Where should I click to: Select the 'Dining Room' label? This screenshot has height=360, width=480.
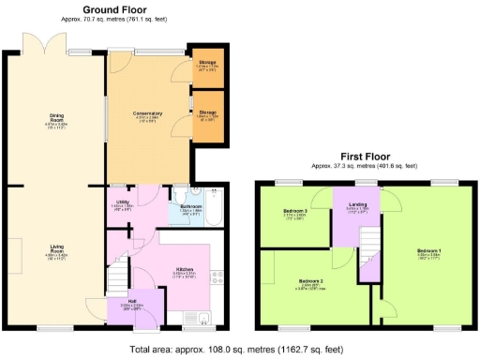coord(56,117)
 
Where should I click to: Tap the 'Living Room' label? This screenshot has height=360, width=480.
coord(56,248)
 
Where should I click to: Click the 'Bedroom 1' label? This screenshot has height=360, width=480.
coord(427,251)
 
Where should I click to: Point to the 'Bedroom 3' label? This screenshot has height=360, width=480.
coord(295,213)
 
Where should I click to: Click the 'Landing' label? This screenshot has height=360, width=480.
coord(358,205)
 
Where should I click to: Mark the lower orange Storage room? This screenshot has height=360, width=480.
coord(207,115)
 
